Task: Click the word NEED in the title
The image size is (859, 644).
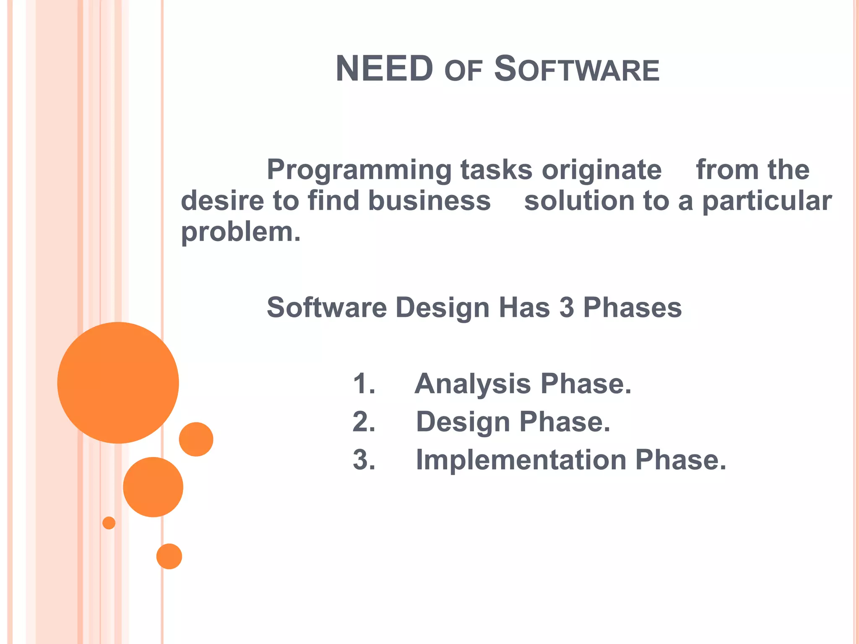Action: coord(384,69)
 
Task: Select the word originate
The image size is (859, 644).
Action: coord(601,170)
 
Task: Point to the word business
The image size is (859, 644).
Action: coord(429,201)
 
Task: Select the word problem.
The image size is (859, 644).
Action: coord(240,233)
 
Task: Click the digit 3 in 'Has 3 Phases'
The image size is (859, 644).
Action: coord(566,307)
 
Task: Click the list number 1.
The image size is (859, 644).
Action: coord(364,384)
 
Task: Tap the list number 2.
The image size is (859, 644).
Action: coord(364,422)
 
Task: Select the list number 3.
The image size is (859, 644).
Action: coord(364,460)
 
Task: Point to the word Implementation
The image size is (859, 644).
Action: coord(521,460)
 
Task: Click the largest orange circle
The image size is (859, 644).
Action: coord(118,382)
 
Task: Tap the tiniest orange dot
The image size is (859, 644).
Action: coord(109,523)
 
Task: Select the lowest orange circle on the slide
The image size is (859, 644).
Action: coord(169,556)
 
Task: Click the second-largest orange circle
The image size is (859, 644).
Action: coord(153,487)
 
